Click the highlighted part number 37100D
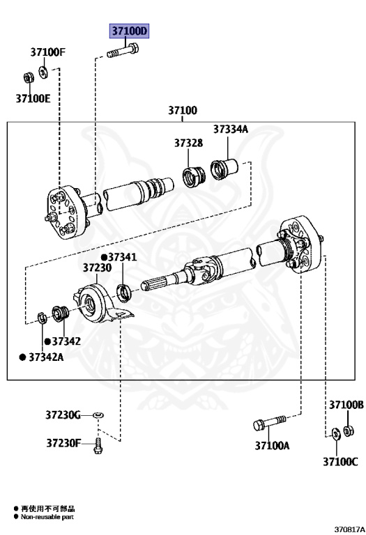tap(129, 31)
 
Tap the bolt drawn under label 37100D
tap(123, 52)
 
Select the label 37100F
tap(48, 52)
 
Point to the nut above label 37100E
tap(28, 78)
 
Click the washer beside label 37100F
tap(43, 72)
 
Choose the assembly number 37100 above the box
tap(183, 110)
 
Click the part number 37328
tap(188, 143)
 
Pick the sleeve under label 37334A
tap(224, 169)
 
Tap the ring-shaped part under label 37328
tap(194, 176)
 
